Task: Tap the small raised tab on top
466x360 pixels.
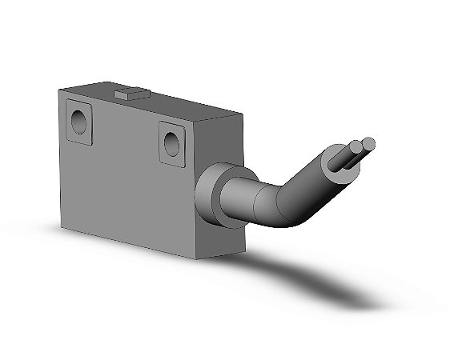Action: pyautogui.click(x=129, y=95)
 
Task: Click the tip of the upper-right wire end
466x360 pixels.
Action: pyautogui.click(x=368, y=144)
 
